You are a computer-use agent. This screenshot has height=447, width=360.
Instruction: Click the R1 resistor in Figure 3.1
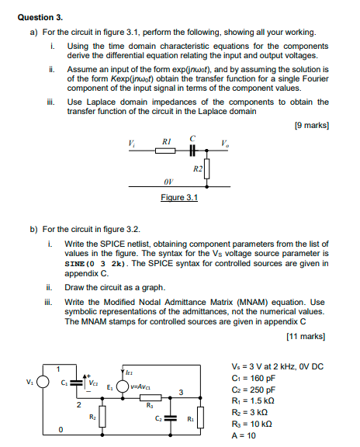(x=165, y=151)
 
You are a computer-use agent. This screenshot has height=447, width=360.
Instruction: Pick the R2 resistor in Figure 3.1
(x=207, y=169)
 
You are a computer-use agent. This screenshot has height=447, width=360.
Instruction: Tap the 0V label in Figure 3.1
(x=168, y=182)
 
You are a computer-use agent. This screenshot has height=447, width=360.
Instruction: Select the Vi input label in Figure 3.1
(x=131, y=141)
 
